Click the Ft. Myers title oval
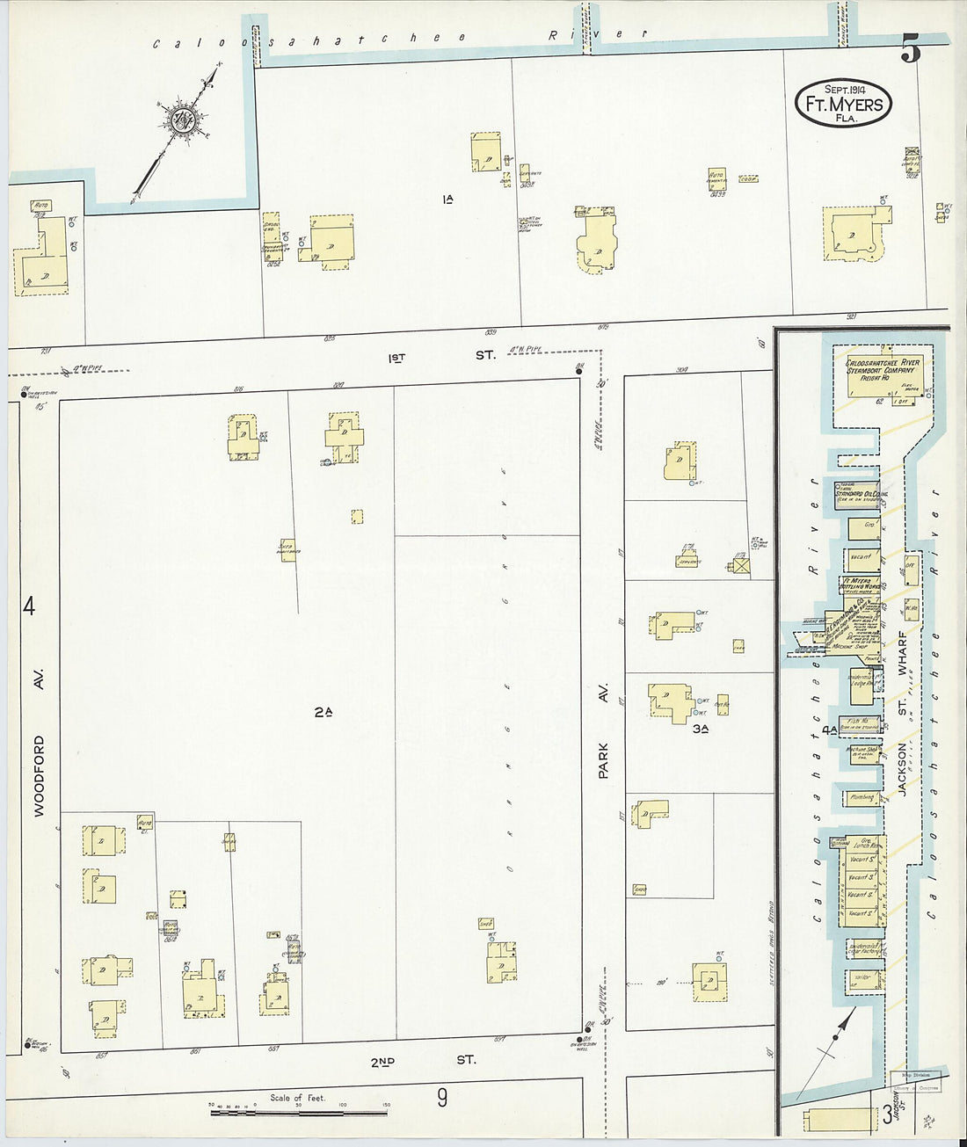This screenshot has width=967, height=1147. (844, 103)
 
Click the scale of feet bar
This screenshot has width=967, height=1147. (299, 1112)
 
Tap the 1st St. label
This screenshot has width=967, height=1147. (441, 356)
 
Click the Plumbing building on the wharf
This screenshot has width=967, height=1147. (862, 798)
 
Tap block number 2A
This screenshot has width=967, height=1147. (323, 712)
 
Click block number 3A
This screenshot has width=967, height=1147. (701, 729)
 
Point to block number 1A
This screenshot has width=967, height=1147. (447, 200)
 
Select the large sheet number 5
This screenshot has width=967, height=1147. (910, 49)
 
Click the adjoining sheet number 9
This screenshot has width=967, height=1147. (442, 1097)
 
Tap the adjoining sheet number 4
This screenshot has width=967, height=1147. (29, 606)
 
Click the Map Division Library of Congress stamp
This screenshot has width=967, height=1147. (916, 1081)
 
